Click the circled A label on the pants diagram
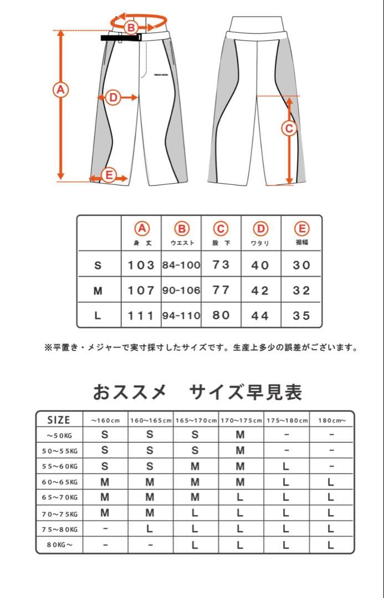coord(60,89)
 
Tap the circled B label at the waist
coord(131,27)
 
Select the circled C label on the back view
coord(288,128)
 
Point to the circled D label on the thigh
coord(112,97)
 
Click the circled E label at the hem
coord(109,176)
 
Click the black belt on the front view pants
coord(121,38)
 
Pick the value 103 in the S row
coord(141,265)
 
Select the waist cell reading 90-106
coord(181,291)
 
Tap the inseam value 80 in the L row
coord(221,315)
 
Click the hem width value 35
coord(301,316)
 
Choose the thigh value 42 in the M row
coord(260,291)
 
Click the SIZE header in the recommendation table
coord(59,420)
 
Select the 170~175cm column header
coord(241,420)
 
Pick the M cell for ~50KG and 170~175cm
coord(240,435)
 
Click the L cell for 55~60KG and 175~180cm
coord(286,466)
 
